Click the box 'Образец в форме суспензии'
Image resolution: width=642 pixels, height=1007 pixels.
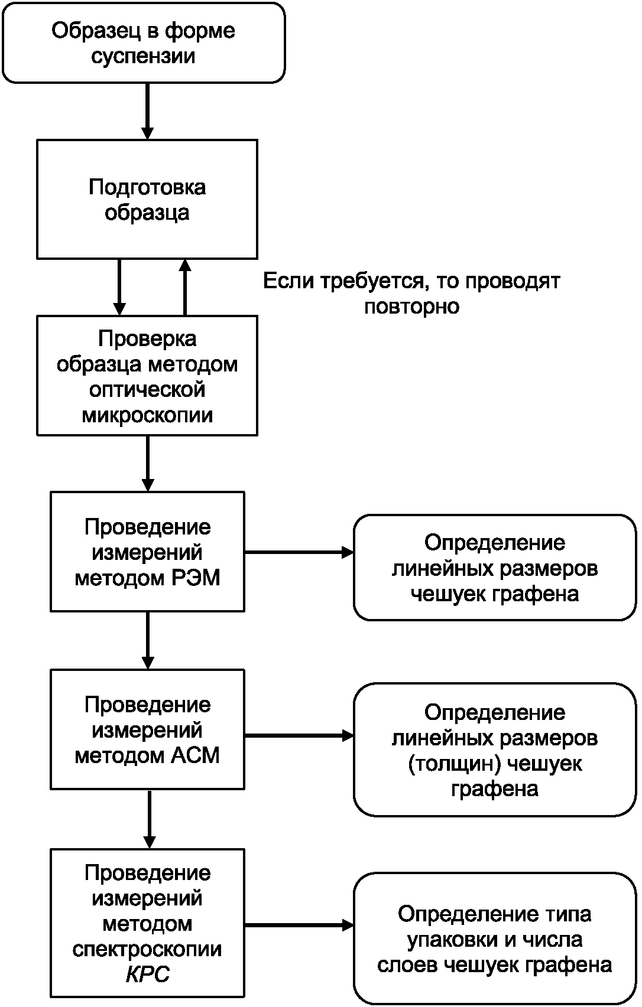pyautogui.click(x=144, y=43)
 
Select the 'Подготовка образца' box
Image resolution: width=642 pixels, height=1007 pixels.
pyautogui.click(x=147, y=199)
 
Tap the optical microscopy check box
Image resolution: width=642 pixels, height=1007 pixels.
pyautogui.click(x=147, y=376)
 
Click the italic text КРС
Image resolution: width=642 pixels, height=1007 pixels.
pyautogui.click(x=148, y=974)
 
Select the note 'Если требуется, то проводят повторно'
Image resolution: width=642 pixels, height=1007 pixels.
pyautogui.click(x=411, y=294)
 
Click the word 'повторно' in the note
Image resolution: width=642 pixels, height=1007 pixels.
pyautogui.click(x=411, y=307)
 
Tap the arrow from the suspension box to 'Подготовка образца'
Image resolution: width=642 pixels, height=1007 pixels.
pyautogui.click(x=148, y=112)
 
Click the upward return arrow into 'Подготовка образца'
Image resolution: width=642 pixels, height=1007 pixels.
pyautogui.click(x=185, y=288)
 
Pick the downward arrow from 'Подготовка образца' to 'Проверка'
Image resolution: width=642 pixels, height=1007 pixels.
pyautogui.click(x=119, y=288)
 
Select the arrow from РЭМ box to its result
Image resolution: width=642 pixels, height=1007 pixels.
pyautogui.click(x=299, y=552)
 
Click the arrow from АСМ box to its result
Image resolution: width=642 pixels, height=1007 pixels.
pyautogui.click(x=299, y=735)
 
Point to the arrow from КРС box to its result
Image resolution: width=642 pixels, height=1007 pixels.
pyautogui.click(x=299, y=925)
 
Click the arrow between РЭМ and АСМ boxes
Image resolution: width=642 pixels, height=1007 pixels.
pyautogui.click(x=148, y=641)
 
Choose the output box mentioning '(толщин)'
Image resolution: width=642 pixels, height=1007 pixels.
pyautogui.click(x=495, y=750)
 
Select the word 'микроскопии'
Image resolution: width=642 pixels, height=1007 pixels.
pyautogui.click(x=147, y=415)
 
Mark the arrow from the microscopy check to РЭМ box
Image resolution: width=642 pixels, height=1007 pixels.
pyautogui.click(x=148, y=464)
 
